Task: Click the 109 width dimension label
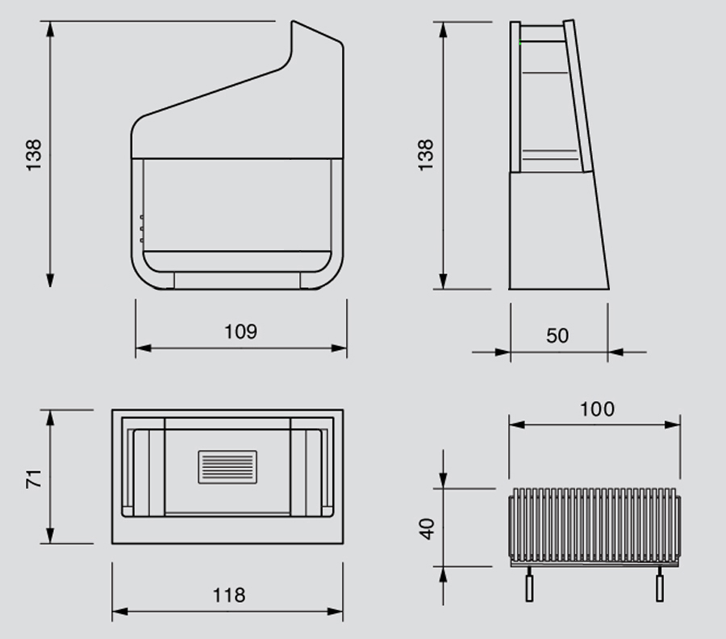click(x=240, y=332)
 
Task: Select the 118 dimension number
click(x=229, y=595)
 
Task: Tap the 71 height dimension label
click(x=34, y=476)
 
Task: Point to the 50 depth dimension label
click(x=557, y=336)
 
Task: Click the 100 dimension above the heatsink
click(x=597, y=409)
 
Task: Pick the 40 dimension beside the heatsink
click(x=428, y=528)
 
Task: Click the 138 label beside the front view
click(x=34, y=154)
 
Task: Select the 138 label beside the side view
click(x=426, y=154)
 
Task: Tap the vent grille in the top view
click(x=227, y=467)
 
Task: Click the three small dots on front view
click(x=141, y=229)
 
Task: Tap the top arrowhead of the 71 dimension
click(x=51, y=416)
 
